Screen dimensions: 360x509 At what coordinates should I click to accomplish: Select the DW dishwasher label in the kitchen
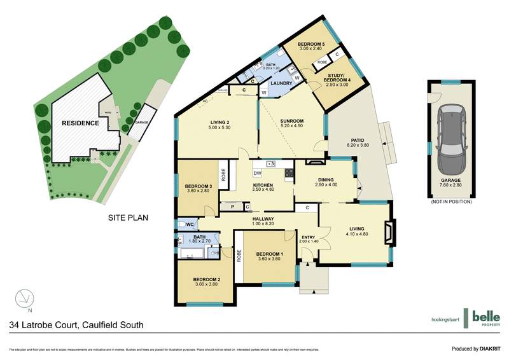click(257, 173)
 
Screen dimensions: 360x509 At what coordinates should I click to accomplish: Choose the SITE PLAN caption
click(127, 218)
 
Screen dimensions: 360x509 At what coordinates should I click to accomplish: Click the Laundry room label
click(281, 83)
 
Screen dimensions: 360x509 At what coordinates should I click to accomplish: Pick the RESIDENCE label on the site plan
click(80, 123)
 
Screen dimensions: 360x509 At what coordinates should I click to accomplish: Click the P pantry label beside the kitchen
click(233, 207)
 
